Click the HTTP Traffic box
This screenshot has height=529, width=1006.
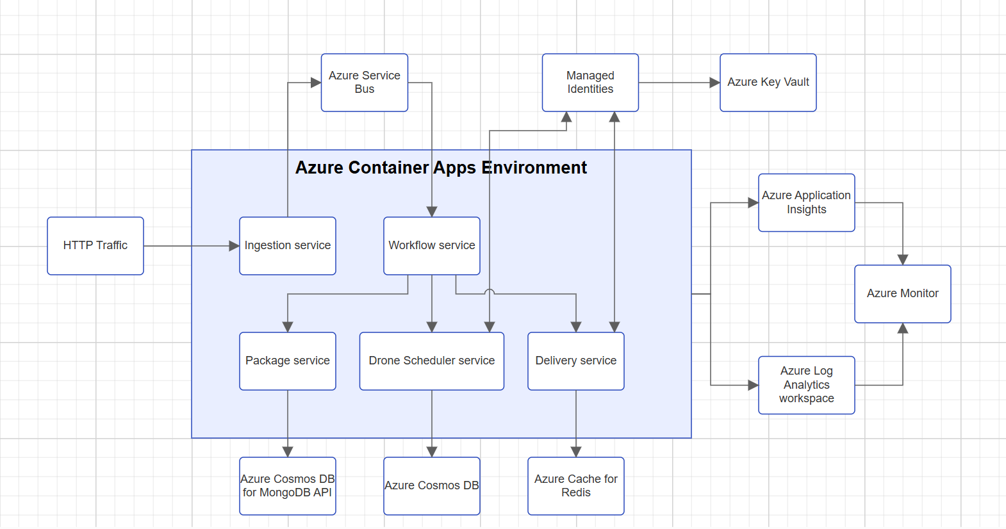point(95,246)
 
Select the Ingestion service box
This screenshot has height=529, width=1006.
point(288,246)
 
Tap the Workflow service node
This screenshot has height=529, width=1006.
point(432,246)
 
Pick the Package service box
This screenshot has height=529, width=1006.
point(288,361)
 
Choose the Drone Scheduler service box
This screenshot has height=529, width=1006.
point(432,361)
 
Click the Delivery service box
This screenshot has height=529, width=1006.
point(576,361)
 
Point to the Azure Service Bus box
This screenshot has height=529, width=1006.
point(365,83)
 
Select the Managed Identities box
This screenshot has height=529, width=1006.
point(590,83)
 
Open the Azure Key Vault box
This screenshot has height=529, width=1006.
point(768,83)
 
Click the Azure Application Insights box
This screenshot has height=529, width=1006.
point(807,202)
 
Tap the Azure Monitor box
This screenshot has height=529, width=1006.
point(903,294)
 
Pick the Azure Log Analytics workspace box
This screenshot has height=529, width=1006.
point(807,385)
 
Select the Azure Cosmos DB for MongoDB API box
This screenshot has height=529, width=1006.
point(288,486)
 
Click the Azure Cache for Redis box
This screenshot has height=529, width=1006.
point(576,486)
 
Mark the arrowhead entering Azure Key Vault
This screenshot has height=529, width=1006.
point(715,83)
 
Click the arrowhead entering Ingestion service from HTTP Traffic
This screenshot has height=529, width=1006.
point(235,246)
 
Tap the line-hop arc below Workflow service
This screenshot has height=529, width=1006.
point(490,291)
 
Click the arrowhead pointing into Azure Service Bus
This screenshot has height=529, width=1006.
point(316,83)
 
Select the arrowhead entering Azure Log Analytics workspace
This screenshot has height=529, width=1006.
point(754,385)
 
